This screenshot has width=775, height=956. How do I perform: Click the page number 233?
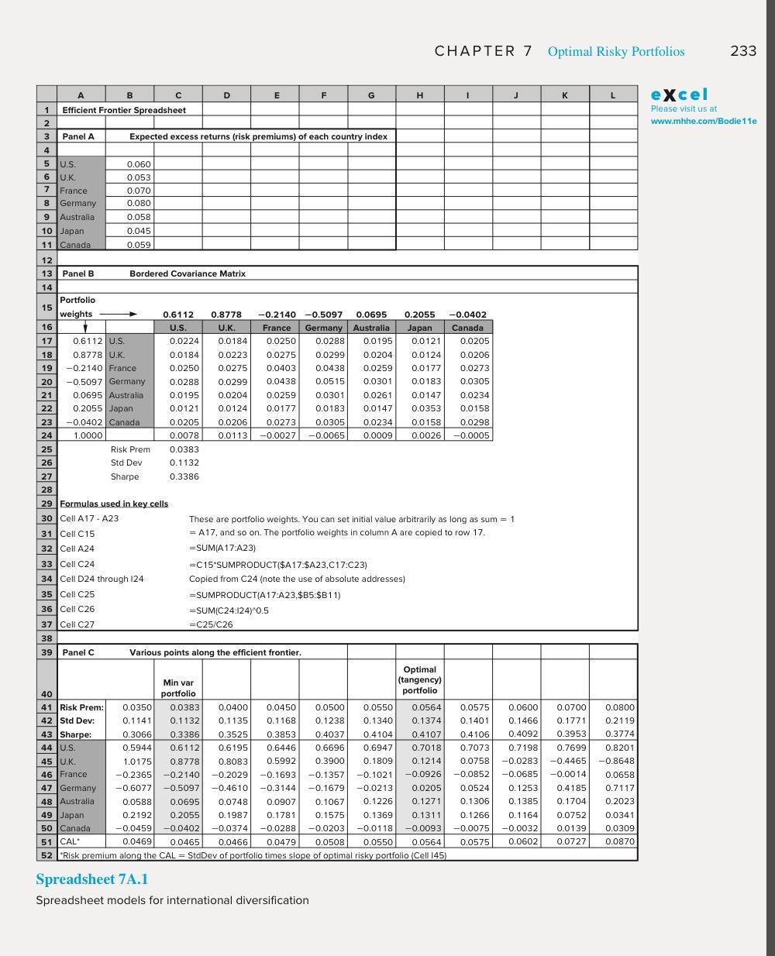tap(742, 51)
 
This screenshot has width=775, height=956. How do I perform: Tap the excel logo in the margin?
tap(679, 95)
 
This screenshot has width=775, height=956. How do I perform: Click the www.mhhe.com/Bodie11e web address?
tap(703, 121)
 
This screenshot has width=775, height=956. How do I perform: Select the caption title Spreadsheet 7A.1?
tap(91, 879)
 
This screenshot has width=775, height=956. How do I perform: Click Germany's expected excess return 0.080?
tap(139, 204)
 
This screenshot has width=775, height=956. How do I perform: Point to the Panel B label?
tap(78, 273)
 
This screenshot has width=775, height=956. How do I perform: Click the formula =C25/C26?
tap(211, 624)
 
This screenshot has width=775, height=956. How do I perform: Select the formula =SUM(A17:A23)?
tap(222, 548)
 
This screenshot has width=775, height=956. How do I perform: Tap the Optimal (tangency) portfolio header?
tap(419, 679)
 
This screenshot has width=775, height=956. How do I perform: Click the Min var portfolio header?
tap(178, 688)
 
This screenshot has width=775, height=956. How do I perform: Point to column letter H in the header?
tap(419, 95)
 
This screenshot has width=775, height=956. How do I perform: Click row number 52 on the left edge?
tap(46, 855)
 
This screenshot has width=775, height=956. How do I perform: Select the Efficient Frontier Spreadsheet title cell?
tap(124, 110)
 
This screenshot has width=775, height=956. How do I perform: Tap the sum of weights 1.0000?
tap(88, 435)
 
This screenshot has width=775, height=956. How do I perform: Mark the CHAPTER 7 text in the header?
tap(483, 51)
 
